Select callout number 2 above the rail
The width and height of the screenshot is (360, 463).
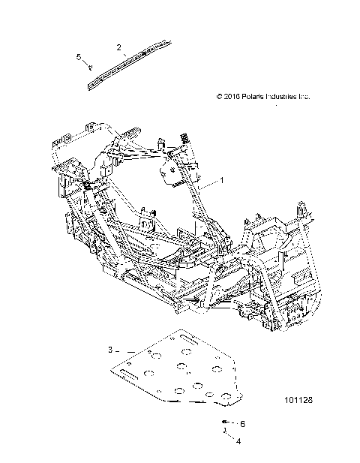tap(119, 47)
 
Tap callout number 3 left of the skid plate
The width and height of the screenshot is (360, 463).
tap(109, 350)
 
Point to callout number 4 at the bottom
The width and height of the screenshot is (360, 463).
tap(238, 441)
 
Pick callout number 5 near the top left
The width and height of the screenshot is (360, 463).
tap(79, 57)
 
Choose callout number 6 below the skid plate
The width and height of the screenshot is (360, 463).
tap(241, 423)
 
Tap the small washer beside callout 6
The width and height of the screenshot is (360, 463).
tap(226, 422)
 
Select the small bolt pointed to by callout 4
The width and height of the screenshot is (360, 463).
tap(224, 433)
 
